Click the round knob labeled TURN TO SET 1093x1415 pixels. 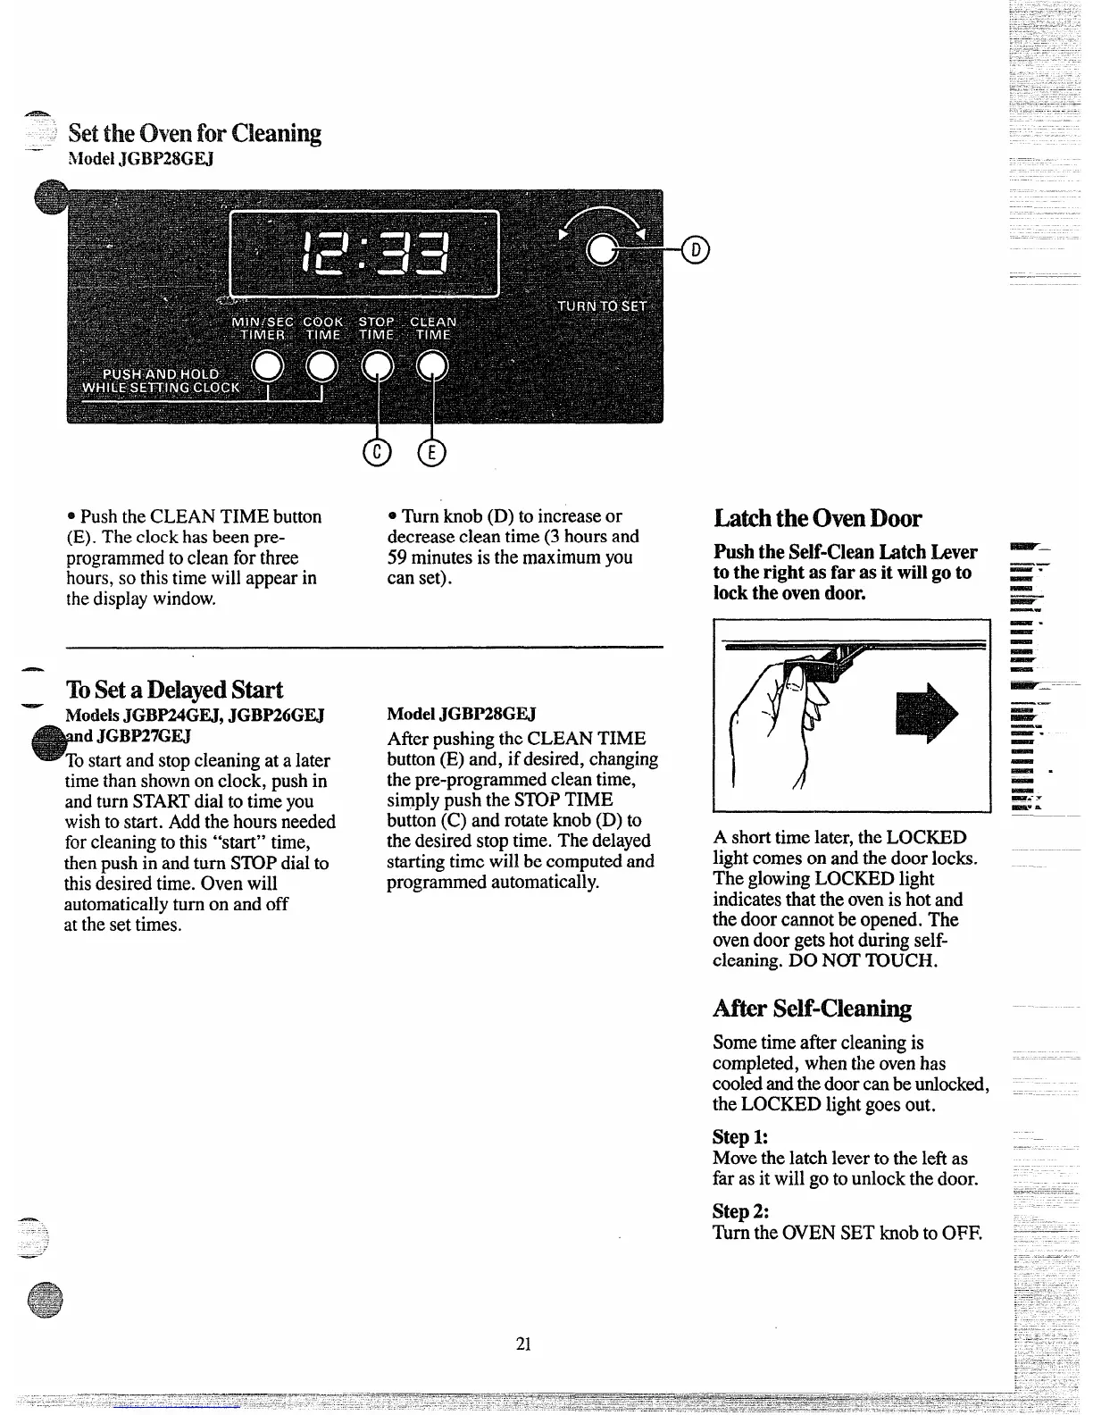pyautogui.click(x=604, y=251)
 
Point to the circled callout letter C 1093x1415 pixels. pyautogui.click(x=377, y=454)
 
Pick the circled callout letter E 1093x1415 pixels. pyautogui.click(x=431, y=454)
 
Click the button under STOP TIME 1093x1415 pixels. pyautogui.click(x=377, y=365)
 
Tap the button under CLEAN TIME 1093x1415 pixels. pyautogui.click(x=432, y=365)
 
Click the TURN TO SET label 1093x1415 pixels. pyautogui.click(x=602, y=306)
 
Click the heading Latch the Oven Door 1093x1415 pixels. pyautogui.click(x=817, y=519)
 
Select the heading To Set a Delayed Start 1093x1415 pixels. pyautogui.click(x=174, y=690)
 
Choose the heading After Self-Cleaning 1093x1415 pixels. pyautogui.click(x=812, y=1009)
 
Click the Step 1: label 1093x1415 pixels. pyautogui.click(x=740, y=1137)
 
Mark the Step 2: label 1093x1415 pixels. pyautogui.click(x=741, y=1211)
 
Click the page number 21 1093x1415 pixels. pyautogui.click(x=524, y=1344)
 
